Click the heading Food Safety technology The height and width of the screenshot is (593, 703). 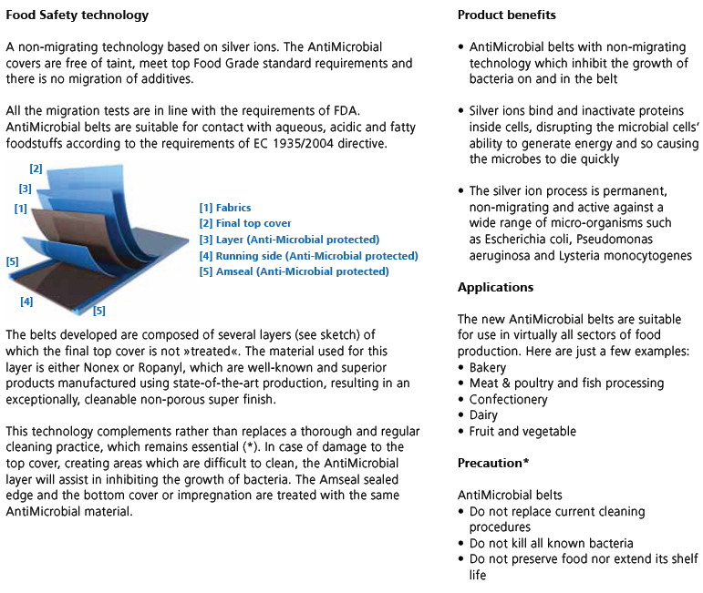point(77,15)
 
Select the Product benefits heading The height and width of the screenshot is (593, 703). point(506,15)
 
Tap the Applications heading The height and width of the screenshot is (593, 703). point(496,287)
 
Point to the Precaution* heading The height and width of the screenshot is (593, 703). point(493,463)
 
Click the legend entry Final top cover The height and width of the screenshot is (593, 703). point(245,223)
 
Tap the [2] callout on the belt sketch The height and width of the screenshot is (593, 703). point(36,169)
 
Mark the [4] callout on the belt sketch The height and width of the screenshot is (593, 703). point(26,302)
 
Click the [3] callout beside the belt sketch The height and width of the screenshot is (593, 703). point(25,189)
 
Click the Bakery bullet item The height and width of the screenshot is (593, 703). point(490,367)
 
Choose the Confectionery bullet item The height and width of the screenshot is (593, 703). point(508,399)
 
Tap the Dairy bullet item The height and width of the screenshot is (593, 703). point(484,415)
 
